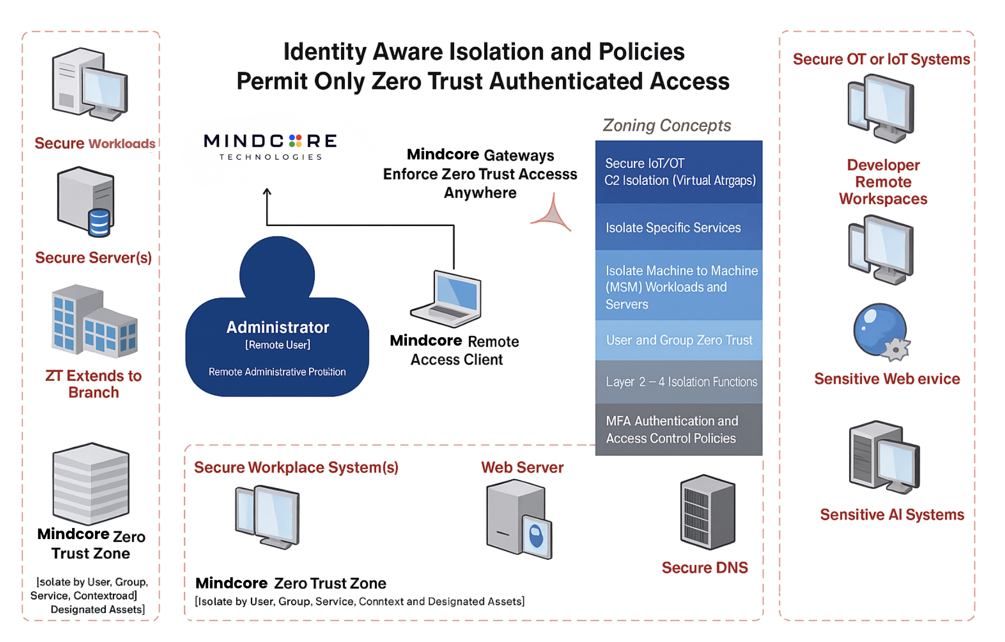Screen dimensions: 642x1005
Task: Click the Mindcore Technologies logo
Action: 271,147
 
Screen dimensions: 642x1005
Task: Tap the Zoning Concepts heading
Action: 666,125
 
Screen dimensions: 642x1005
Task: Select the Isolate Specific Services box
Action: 678,228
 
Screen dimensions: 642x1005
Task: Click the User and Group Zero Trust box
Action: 678,340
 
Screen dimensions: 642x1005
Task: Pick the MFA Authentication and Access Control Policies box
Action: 678,429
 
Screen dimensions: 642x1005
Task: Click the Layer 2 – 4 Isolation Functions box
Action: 678,382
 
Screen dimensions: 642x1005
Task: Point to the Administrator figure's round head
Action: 277,273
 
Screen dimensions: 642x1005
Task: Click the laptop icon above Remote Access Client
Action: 448,299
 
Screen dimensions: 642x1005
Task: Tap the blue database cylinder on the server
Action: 99,222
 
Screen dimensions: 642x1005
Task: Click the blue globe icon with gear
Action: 881,331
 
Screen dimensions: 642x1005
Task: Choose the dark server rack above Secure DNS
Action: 707,512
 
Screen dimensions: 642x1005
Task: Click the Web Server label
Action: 522,468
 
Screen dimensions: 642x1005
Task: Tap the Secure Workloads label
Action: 94,144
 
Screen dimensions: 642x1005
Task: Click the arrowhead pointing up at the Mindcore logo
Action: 267,192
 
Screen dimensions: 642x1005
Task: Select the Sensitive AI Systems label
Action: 892,514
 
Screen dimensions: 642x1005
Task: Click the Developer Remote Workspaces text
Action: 883,182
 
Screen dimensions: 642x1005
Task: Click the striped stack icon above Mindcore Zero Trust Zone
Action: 91,484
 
